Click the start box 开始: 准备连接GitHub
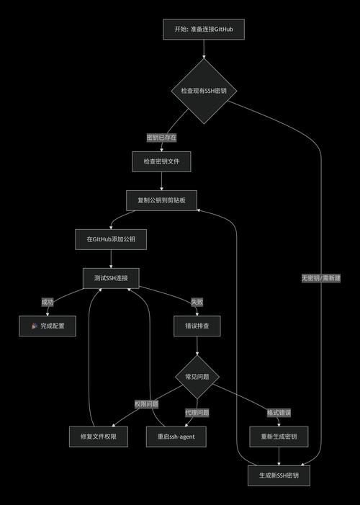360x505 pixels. (x=204, y=30)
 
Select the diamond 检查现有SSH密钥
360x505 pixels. (x=204, y=91)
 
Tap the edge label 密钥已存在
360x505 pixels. (x=161, y=137)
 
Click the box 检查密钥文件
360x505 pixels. (x=161, y=162)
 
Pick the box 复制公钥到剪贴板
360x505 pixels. (x=161, y=200)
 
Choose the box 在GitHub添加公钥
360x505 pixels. (x=111, y=238)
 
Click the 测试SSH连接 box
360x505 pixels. (x=111, y=277)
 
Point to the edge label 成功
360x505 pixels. (x=48, y=302)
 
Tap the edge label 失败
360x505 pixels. (x=197, y=302)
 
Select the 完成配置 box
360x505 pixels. (x=48, y=326)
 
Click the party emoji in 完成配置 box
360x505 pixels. (x=35, y=326)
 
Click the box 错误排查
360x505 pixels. (x=197, y=326)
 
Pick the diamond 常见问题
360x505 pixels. (x=197, y=376)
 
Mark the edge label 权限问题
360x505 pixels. (x=145, y=404)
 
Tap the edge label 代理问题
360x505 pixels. (x=197, y=413)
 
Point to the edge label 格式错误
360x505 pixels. (x=278, y=413)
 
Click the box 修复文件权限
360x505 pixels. (x=99, y=437)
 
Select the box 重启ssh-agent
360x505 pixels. (x=176, y=437)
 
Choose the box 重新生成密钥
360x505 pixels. (x=278, y=437)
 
